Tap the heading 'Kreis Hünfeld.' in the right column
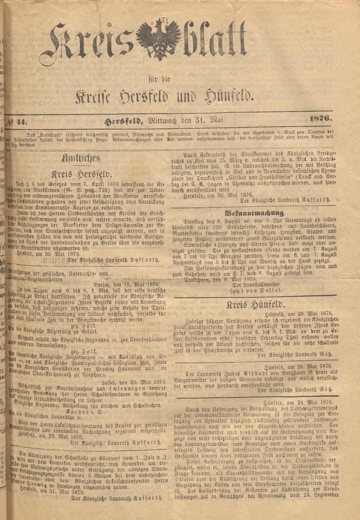(256, 306)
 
